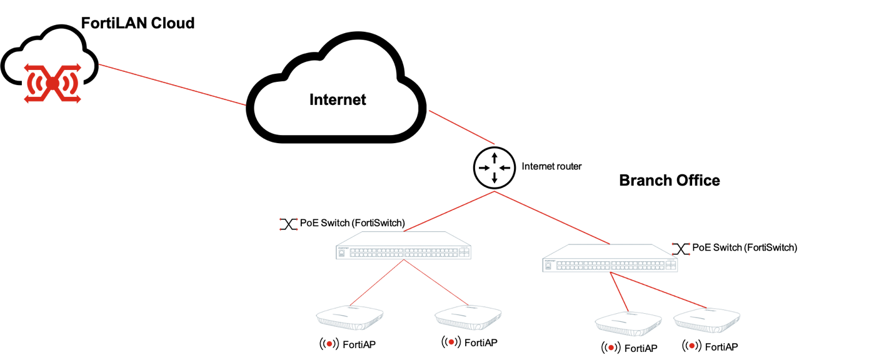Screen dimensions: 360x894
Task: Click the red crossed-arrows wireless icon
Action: pos(53,82)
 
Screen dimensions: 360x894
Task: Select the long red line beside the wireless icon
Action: pos(172,85)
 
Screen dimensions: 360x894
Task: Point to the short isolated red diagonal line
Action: pos(461,127)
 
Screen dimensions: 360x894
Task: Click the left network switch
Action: pos(403,246)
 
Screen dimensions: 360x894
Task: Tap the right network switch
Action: pos(610,259)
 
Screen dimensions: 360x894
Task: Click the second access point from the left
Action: pos(468,317)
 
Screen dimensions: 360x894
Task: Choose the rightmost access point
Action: pos(706,319)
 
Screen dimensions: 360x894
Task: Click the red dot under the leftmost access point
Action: pos(329,344)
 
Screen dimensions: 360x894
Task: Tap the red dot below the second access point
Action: pos(451,342)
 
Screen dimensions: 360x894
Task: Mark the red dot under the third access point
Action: pos(611,347)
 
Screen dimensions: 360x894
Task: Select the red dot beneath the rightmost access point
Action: pos(691,346)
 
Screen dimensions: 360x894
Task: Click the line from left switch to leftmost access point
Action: pos(377,282)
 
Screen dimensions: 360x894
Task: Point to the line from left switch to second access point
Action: pos(436,282)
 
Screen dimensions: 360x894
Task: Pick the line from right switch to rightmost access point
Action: pos(658,290)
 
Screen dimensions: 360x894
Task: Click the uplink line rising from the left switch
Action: pos(449,211)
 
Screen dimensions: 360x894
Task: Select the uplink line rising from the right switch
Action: pos(552,217)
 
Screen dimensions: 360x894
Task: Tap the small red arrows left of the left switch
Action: pos(288,224)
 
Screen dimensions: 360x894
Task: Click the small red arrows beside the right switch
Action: pos(681,249)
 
